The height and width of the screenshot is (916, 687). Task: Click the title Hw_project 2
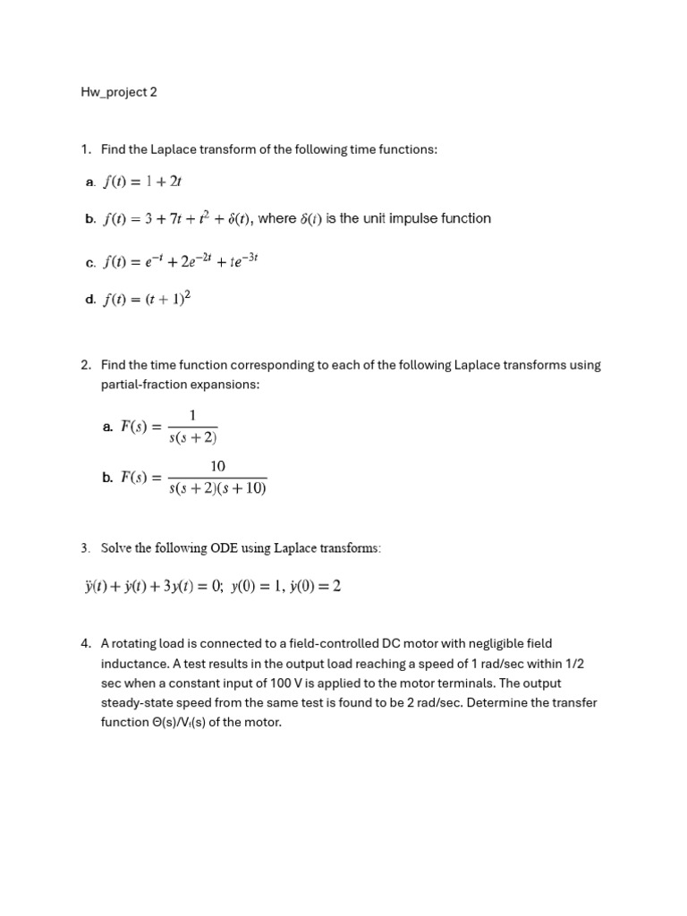119,92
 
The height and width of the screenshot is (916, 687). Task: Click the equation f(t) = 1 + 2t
142,182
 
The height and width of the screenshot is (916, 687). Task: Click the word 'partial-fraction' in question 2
144,384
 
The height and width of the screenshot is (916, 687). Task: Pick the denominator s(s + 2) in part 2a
193,438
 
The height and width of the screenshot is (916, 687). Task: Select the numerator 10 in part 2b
217,466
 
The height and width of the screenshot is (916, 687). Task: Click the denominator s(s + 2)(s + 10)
217,489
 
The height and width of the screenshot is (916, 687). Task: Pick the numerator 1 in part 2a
192,414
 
